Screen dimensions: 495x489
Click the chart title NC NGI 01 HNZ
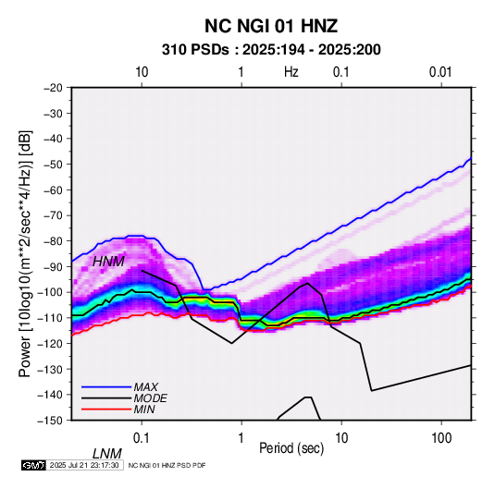(x=271, y=26)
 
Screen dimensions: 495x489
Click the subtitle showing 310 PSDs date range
(x=271, y=50)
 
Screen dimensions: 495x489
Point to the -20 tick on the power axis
(x=53, y=88)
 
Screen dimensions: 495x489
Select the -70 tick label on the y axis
(x=53, y=215)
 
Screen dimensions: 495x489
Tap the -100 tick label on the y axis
(x=50, y=292)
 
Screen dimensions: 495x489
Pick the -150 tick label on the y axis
(x=50, y=421)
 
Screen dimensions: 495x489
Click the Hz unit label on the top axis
(x=291, y=72)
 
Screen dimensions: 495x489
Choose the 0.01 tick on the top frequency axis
(x=440, y=72)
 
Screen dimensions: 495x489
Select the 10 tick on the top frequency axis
(x=142, y=72)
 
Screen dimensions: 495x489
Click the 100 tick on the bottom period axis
(x=441, y=438)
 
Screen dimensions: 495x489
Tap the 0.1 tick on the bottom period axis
(x=142, y=438)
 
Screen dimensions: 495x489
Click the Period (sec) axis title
(x=291, y=448)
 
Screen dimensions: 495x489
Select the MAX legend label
(x=146, y=386)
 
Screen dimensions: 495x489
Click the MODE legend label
(x=150, y=398)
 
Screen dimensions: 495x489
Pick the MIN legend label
(x=144, y=410)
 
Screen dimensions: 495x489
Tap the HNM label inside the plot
(x=108, y=262)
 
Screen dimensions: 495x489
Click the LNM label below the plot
(x=107, y=454)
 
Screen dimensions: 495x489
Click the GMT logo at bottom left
(x=34, y=465)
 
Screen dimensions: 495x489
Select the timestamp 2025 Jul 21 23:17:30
(x=84, y=465)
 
